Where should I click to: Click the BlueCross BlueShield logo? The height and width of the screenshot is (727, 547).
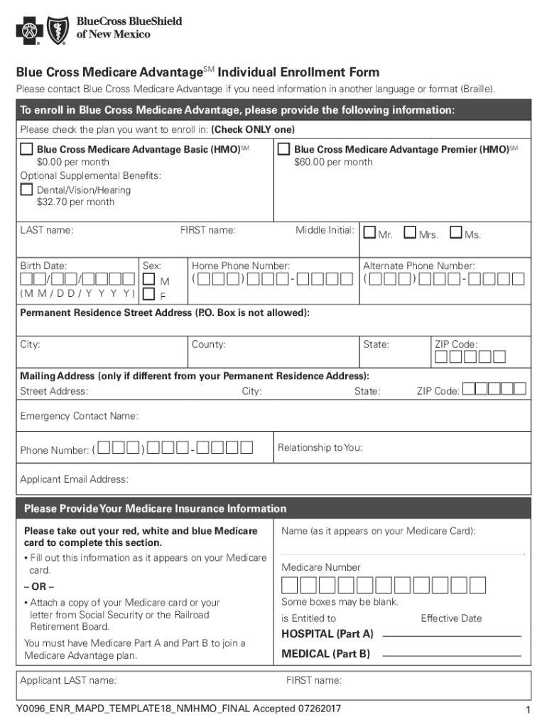point(99,29)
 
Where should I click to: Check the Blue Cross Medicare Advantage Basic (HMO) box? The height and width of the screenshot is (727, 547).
point(27,150)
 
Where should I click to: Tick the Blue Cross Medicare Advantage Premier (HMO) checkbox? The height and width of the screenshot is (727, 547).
point(284,150)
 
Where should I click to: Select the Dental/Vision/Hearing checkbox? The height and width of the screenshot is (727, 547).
point(27,190)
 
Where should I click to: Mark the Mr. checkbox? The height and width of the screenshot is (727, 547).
point(370,233)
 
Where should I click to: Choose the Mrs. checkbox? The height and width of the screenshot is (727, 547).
point(410,233)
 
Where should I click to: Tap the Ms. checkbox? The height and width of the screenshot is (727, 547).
point(455,233)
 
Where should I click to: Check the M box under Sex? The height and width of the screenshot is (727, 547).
point(149,280)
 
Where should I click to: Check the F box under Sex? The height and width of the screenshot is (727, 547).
point(149,294)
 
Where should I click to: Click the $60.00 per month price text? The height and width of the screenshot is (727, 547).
point(333,163)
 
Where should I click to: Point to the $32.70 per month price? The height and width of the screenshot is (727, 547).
point(75,202)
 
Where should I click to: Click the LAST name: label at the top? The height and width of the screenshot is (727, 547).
point(47,230)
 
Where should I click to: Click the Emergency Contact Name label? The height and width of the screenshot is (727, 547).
point(79,416)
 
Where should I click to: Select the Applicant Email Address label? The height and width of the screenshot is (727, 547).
point(75,480)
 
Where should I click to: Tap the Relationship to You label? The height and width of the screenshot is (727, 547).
point(320,448)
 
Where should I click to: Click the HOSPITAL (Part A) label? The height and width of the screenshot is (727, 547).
point(327,633)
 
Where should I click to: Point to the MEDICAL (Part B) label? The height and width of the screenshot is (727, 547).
point(325,654)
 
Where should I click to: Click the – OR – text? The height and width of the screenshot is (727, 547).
point(39,586)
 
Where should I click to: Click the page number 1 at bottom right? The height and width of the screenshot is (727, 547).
point(526,711)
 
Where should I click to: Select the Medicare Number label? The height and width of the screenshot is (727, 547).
point(321,567)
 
